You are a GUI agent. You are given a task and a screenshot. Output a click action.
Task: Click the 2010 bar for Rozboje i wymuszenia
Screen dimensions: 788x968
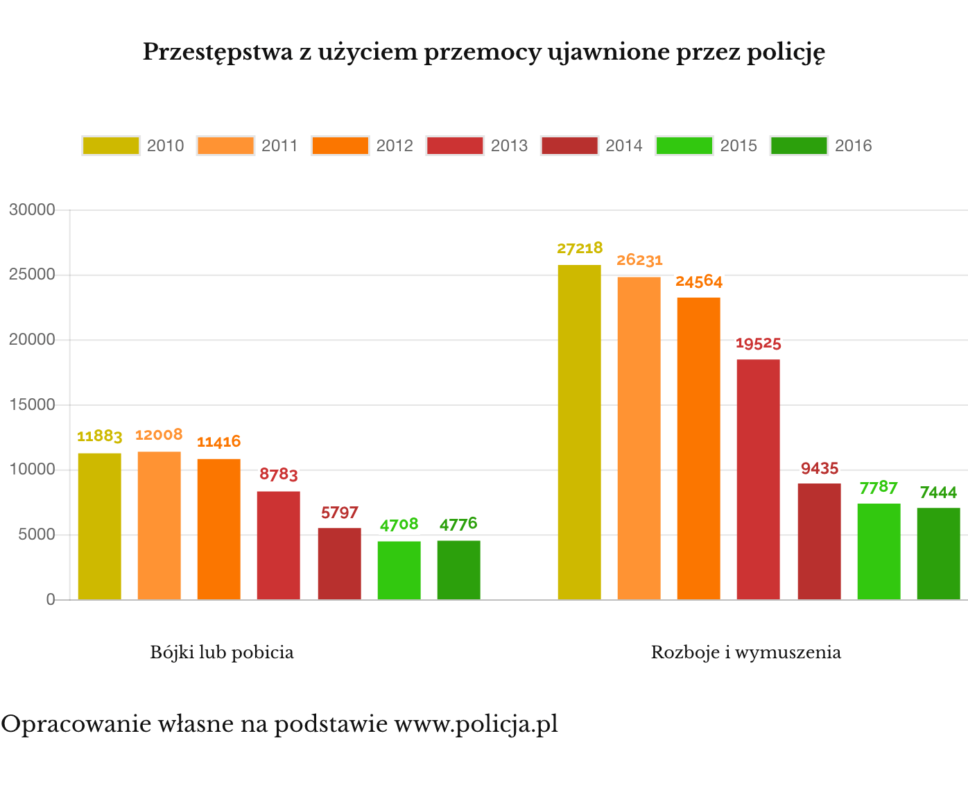[579, 432]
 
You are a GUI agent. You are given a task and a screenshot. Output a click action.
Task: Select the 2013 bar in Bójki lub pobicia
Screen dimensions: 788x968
[278, 545]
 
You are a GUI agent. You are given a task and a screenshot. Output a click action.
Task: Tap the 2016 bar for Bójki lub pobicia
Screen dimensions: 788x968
[458, 570]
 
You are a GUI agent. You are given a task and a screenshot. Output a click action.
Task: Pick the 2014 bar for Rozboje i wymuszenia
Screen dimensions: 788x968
[819, 541]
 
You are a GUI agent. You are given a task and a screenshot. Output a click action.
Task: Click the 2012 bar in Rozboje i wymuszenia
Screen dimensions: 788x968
[698, 448]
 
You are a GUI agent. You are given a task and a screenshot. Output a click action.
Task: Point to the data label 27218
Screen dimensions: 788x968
[580, 248]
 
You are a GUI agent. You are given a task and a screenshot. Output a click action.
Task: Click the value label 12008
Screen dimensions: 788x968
[159, 435]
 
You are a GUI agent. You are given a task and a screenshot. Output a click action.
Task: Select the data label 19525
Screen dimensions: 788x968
[758, 343]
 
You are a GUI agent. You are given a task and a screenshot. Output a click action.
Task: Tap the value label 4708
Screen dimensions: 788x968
[399, 524]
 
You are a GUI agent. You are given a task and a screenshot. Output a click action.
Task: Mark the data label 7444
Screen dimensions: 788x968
[938, 492]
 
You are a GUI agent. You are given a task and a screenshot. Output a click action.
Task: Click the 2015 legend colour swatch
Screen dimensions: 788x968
[684, 146]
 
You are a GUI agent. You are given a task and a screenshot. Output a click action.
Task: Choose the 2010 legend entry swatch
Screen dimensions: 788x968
[111, 146]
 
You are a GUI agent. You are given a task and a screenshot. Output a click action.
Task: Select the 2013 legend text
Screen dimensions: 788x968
[509, 146]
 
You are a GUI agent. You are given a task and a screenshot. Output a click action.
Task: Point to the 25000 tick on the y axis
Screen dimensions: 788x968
[32, 275]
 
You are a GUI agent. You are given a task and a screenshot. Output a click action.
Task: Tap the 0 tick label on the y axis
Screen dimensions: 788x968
[51, 600]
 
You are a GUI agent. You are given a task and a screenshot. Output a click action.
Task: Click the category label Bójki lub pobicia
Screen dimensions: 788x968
[222, 653]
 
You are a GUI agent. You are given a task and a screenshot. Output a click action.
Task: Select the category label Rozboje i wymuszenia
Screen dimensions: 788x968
[745, 653]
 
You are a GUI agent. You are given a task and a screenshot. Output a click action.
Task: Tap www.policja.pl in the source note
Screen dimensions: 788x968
[476, 724]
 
